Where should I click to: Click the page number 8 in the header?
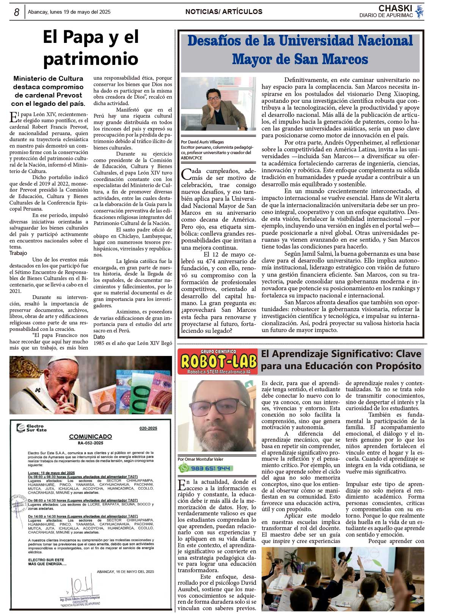click(x=17, y=12)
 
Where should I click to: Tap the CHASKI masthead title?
click(x=395, y=8)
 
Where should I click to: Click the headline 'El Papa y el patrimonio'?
click(x=91, y=48)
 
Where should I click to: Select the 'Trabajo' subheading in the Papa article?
click(x=18, y=253)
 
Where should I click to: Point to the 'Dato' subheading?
click(x=99, y=337)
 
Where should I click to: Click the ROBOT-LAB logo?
click(x=218, y=362)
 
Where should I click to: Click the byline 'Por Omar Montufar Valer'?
click(x=201, y=459)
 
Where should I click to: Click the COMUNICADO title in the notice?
click(x=90, y=436)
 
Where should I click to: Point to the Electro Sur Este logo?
click(x=31, y=428)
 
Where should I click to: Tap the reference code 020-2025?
click(x=148, y=428)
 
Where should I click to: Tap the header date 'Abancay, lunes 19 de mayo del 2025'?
click(x=69, y=12)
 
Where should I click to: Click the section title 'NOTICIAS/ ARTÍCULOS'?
click(x=224, y=12)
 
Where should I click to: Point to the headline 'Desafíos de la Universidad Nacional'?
click(x=300, y=41)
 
